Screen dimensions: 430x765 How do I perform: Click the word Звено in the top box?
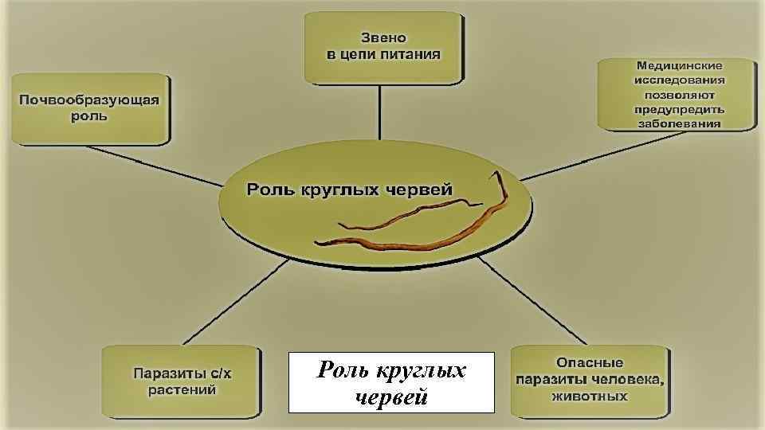[383, 37]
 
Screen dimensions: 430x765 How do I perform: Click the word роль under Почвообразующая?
[89, 116]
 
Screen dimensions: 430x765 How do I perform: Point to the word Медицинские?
[679, 64]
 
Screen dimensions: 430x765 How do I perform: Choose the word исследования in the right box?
[679, 80]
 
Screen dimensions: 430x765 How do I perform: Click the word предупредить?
[679, 109]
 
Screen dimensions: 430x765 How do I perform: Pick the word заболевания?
[679, 124]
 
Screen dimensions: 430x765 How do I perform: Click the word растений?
[182, 390]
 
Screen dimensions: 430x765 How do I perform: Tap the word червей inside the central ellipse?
[419, 190]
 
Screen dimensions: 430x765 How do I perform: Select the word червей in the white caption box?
[391, 396]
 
